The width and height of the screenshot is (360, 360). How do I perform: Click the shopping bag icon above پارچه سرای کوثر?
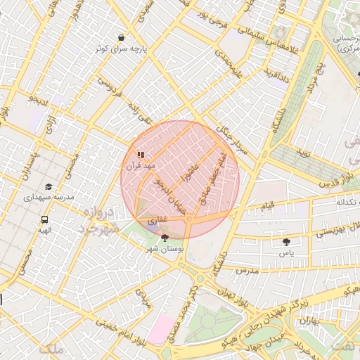click(122, 37)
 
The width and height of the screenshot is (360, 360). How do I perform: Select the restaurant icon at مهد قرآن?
click(141, 154)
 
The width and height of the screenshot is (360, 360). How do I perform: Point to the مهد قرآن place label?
click(139, 166)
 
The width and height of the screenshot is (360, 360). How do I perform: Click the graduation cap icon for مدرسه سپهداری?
click(49, 186)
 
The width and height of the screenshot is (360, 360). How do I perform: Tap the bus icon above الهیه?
click(45, 219)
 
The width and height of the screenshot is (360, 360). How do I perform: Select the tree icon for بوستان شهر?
click(165, 238)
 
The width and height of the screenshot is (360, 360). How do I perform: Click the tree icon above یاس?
click(285, 241)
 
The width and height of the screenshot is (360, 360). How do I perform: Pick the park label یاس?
click(286, 252)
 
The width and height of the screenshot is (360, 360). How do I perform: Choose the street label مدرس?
click(247, 270)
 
